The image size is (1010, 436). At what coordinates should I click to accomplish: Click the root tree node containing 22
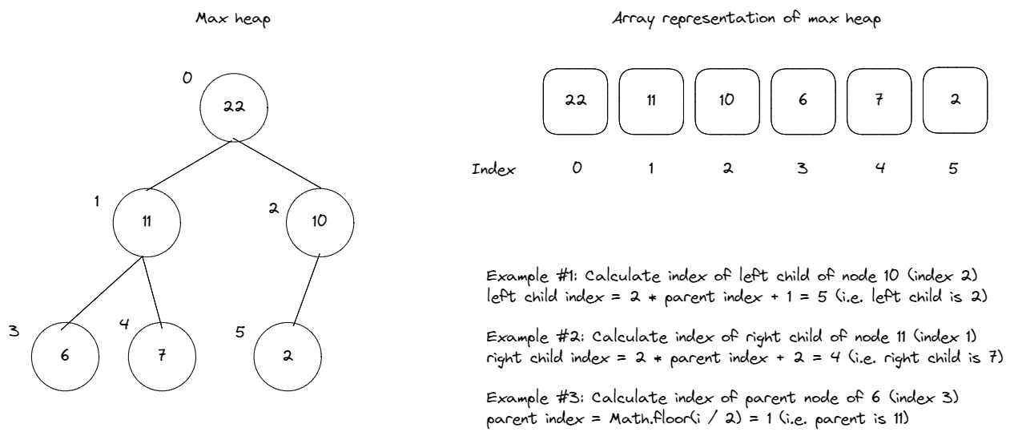pyautogui.click(x=233, y=107)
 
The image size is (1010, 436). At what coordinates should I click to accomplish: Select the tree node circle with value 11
pyautogui.click(x=146, y=220)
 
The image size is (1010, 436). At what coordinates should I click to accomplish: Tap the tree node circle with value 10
pyautogui.click(x=319, y=220)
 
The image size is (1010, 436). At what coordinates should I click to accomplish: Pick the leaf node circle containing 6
pyautogui.click(x=64, y=355)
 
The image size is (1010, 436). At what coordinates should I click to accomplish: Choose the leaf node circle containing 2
pyautogui.click(x=286, y=355)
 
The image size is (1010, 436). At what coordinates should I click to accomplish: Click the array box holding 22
pyautogui.click(x=575, y=101)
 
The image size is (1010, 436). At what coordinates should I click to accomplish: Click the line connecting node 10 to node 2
pyautogui.click(x=307, y=289)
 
